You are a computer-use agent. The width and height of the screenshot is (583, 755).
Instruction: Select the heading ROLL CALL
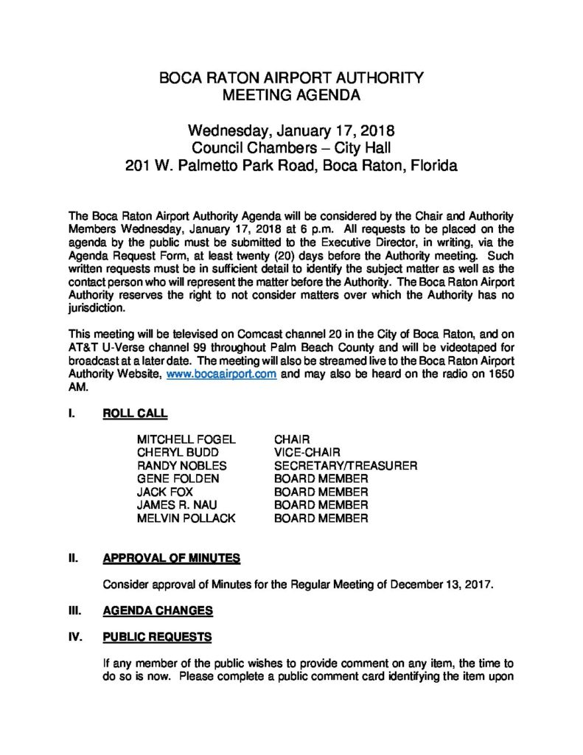[135, 414]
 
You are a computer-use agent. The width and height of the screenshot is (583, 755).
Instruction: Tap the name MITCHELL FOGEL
[186, 439]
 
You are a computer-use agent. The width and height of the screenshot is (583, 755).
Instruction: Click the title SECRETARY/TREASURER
[346, 466]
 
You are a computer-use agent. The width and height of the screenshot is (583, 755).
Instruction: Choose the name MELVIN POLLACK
[186, 519]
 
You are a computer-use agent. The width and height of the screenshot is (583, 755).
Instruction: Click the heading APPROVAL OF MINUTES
[171, 558]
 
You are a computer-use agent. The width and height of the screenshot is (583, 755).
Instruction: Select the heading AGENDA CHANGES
[158, 610]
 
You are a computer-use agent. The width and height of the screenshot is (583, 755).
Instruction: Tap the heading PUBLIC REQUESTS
[157, 636]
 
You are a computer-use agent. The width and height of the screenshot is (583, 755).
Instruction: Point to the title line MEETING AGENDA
[292, 95]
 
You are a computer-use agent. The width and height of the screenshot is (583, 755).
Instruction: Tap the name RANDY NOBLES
[181, 466]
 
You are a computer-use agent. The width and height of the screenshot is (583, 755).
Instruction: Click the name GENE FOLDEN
[178, 479]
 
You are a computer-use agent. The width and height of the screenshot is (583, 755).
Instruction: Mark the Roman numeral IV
[74, 636]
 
